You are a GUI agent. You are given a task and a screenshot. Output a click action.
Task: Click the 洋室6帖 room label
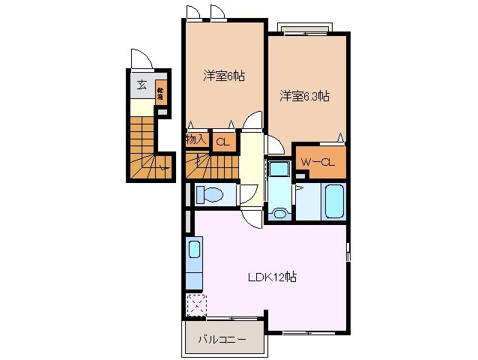224,76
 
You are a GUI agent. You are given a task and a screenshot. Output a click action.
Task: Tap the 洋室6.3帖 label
306,96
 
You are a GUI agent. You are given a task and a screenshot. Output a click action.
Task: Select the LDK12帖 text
273,277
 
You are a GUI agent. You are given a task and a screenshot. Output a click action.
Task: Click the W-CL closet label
317,162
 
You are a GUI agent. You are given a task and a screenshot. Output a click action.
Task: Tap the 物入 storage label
195,139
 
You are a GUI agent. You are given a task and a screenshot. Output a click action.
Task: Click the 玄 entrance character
141,85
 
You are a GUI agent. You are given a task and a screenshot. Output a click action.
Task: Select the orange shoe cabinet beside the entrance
160,94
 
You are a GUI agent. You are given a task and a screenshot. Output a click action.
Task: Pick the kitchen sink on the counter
194,250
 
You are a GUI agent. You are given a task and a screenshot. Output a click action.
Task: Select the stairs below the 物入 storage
212,164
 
